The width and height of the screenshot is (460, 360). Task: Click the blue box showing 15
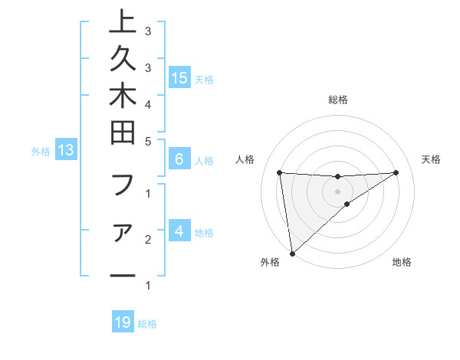[x=179, y=78]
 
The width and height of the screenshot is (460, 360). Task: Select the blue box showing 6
[x=179, y=160]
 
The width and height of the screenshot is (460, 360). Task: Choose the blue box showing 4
[x=179, y=231]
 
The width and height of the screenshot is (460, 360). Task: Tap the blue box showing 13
[x=66, y=151]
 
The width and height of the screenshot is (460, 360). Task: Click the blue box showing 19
[x=123, y=323]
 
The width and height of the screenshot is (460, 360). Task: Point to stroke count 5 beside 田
[x=147, y=141]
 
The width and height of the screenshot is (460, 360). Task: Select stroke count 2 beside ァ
[x=147, y=240]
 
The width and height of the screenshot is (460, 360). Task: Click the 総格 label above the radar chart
[x=338, y=100]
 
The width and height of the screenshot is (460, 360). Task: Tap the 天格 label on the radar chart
[x=431, y=159]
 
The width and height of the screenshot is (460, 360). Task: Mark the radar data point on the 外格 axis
[x=292, y=253]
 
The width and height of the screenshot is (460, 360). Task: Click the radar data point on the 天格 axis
[x=396, y=172]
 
